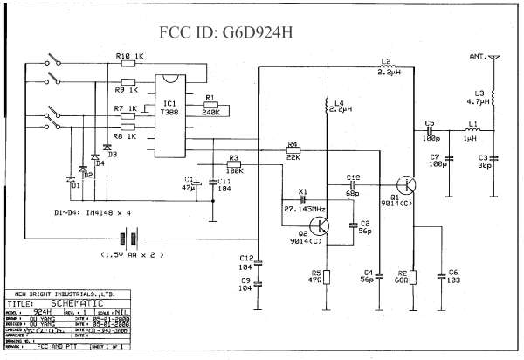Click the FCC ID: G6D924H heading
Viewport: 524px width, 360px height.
(x=238, y=32)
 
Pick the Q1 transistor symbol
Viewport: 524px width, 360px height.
(x=404, y=185)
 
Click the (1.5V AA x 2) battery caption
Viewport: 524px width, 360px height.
(x=132, y=254)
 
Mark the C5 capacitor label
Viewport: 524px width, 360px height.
(x=429, y=123)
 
